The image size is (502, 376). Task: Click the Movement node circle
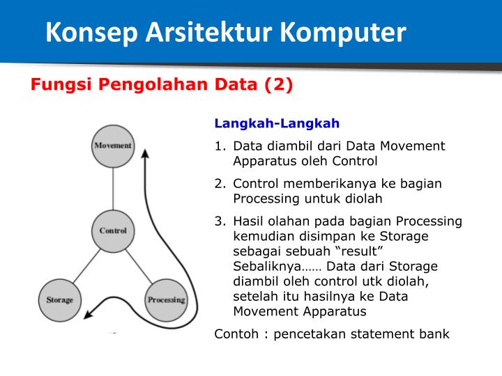pyautogui.click(x=113, y=146)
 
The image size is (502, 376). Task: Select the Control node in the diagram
pyautogui.click(x=113, y=230)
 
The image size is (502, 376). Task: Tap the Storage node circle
pyautogui.click(x=59, y=300)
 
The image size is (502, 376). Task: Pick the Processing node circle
pyautogui.click(x=166, y=300)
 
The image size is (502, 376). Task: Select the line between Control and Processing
pyautogui.click(x=139, y=265)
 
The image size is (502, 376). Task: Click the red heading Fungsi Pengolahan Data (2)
pyautogui.click(x=161, y=85)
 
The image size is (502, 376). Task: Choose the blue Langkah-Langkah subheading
pyautogui.click(x=277, y=124)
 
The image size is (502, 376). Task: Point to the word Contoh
pyautogui.click(x=238, y=334)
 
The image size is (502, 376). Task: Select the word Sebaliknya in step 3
pyautogui.click(x=266, y=267)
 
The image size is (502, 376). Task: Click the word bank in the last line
pyautogui.click(x=434, y=334)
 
